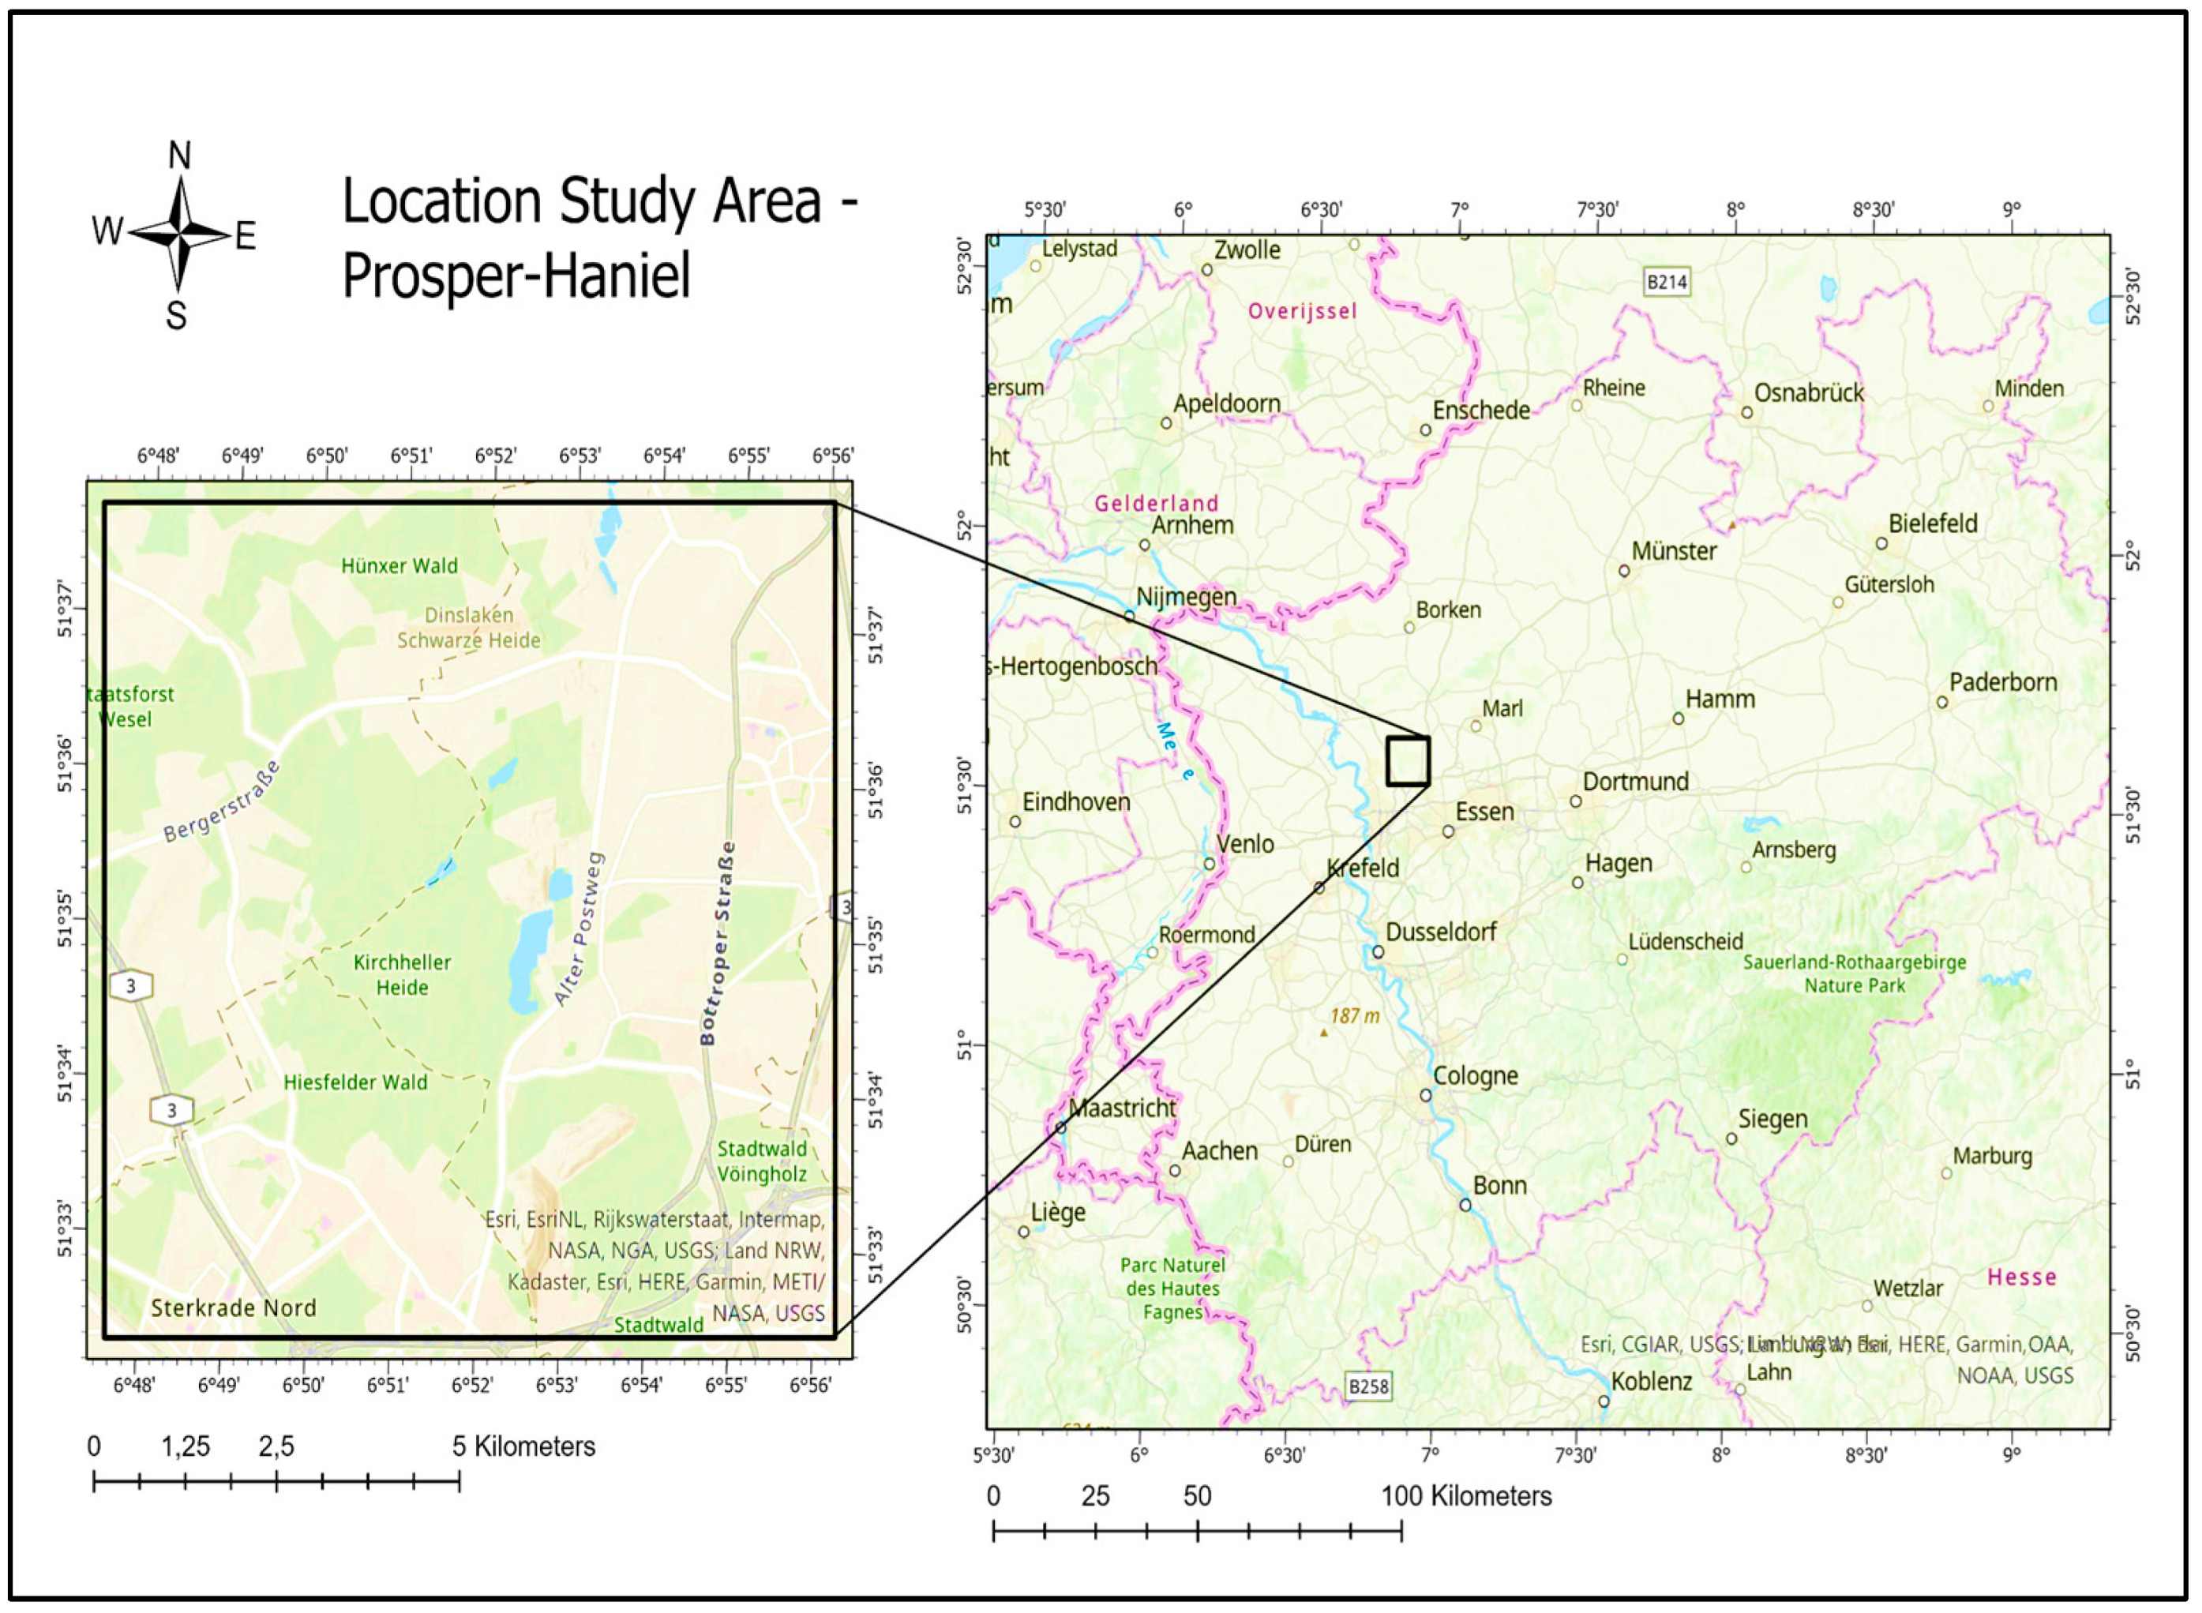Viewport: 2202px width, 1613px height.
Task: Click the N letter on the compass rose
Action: coord(180,156)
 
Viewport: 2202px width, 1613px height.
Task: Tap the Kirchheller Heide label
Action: coord(403,974)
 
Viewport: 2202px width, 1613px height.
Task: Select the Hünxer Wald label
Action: coord(400,565)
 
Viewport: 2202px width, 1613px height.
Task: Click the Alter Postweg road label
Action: coord(580,928)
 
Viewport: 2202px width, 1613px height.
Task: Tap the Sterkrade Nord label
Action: coord(234,1308)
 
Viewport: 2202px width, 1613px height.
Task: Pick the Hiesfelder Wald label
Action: coord(355,1082)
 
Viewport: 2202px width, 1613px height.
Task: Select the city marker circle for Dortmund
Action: coord(1575,801)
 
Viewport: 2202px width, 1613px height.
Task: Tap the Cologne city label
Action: coord(1476,1076)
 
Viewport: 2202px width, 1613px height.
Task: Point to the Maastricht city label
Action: coord(1123,1108)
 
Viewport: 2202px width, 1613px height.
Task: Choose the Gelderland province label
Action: coord(1156,504)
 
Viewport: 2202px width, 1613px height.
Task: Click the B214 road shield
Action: coord(1667,282)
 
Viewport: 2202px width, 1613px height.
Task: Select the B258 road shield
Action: coord(1367,1386)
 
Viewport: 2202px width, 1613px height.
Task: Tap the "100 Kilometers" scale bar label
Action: coord(1467,1496)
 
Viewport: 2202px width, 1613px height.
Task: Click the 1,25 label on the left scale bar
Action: coord(186,1447)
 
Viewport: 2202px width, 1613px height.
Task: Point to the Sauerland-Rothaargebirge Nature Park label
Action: coord(1855,974)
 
